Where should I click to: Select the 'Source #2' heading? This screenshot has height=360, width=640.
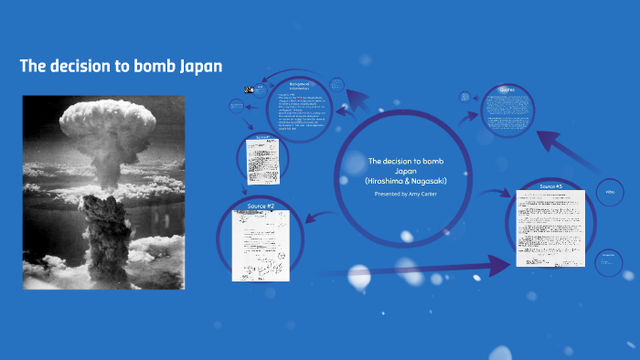coord(261,206)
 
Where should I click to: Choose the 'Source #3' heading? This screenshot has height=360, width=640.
coord(550,186)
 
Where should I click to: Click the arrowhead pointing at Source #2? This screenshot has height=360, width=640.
coord(308,218)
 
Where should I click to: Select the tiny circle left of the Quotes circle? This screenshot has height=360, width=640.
coord(466,96)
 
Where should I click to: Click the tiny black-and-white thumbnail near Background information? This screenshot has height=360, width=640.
coord(248,89)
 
